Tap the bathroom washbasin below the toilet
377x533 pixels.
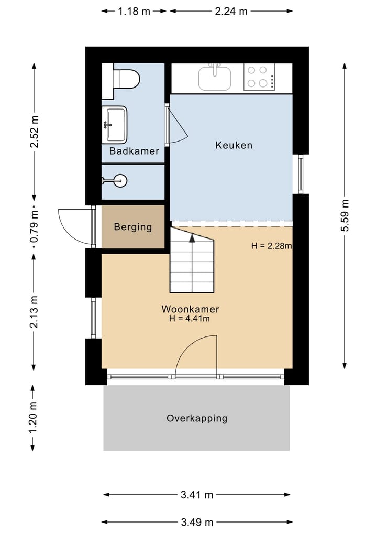coord(114,124)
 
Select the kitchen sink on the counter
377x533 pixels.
coord(215,78)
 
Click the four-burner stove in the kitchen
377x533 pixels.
coord(259,77)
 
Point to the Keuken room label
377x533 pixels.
coord(234,145)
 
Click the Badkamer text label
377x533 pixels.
coord(134,151)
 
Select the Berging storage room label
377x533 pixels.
coord(133,227)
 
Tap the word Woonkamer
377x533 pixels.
coord(190,309)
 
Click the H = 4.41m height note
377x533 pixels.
coord(190,319)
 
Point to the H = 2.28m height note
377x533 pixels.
coord(271,246)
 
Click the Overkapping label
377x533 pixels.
coord(197,418)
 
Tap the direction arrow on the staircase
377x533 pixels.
coord(192,238)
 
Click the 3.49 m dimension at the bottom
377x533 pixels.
coord(196,522)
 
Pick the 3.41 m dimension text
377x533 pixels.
coord(196,495)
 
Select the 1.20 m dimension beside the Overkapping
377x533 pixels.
coord(34,418)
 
